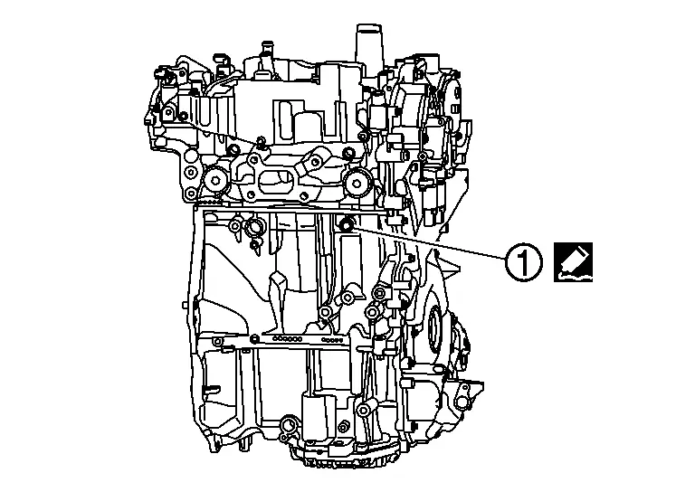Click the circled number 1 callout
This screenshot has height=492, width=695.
(523, 262)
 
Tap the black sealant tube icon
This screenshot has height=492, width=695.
(573, 262)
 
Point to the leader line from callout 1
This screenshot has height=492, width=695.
(430, 242)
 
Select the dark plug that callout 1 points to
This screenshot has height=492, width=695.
(346, 225)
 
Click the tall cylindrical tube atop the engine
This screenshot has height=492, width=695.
(368, 44)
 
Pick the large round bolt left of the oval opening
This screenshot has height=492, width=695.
(215, 181)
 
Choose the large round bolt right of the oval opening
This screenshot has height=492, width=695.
(356, 180)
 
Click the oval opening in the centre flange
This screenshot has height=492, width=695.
(275, 182)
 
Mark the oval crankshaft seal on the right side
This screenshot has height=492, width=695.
(434, 330)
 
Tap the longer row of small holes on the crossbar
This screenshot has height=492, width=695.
(288, 339)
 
